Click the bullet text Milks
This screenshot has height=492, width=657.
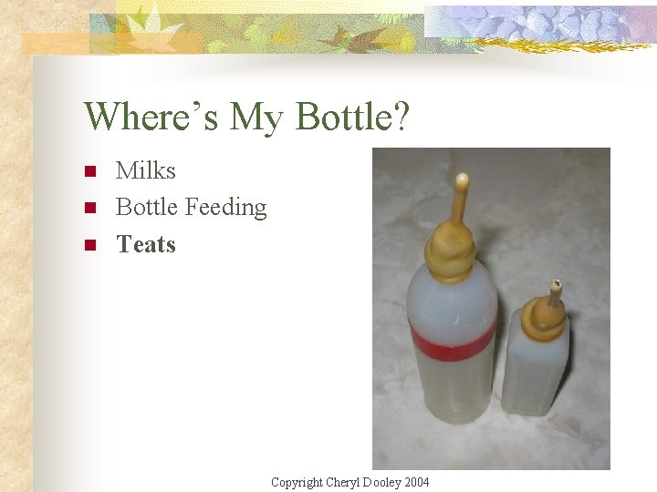(145, 170)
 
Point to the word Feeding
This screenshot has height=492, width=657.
(226, 209)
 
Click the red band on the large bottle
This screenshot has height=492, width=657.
(453, 340)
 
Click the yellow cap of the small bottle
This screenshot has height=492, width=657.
(547, 314)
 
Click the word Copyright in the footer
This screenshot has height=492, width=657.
(297, 482)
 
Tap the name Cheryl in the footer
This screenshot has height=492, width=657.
(344, 482)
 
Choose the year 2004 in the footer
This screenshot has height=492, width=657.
(415, 482)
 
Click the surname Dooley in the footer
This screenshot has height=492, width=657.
(382, 482)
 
